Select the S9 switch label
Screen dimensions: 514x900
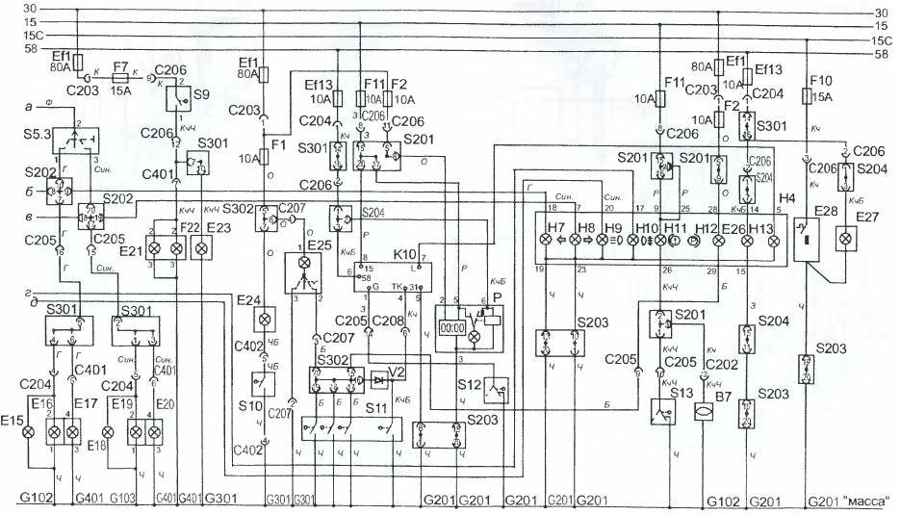200,96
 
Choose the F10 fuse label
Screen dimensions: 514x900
821,81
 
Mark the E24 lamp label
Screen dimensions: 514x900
249,299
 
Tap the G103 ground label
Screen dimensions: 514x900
123,500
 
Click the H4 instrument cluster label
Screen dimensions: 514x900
786,198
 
